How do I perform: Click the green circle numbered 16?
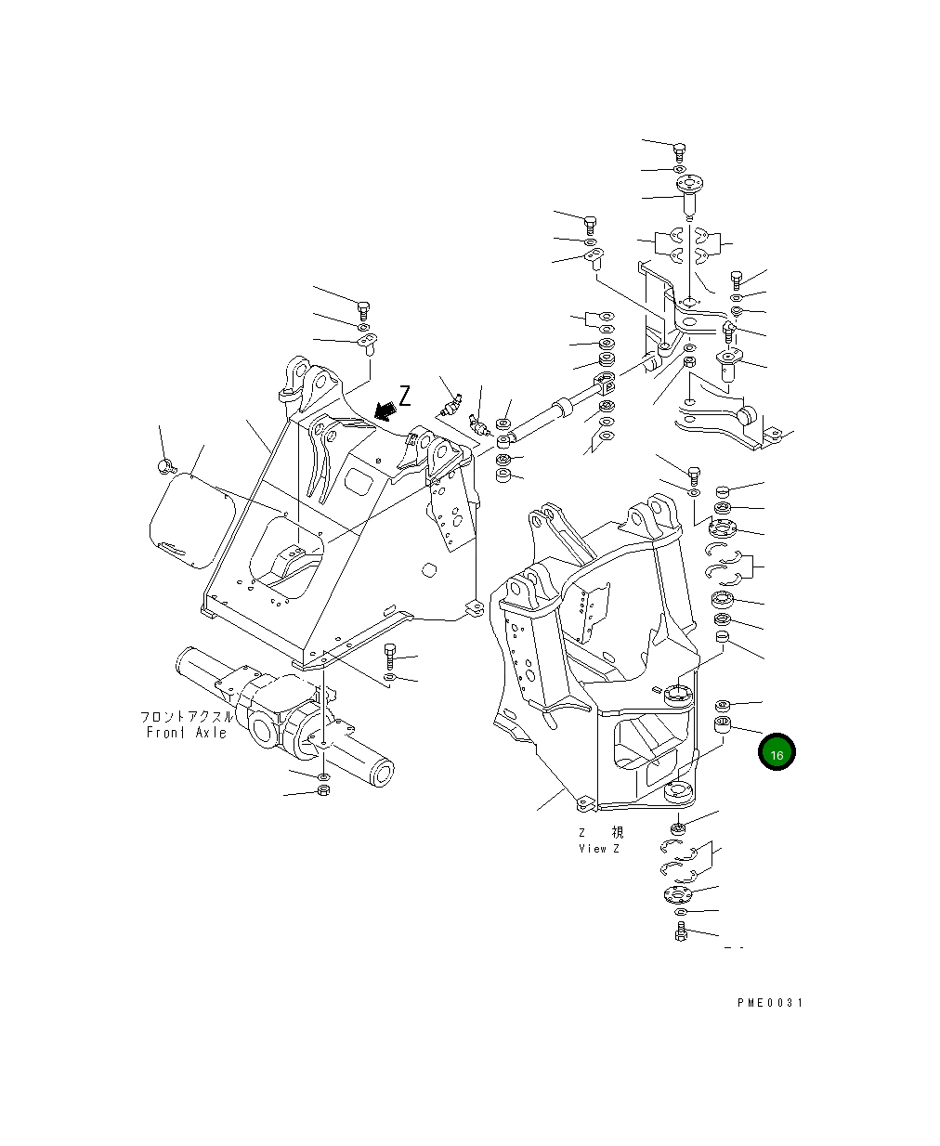pos(777,753)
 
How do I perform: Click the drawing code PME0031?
pos(770,1003)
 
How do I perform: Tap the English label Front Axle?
pos(187,733)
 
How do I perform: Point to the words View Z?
pos(598,849)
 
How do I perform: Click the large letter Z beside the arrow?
pos(405,396)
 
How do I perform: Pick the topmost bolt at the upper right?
pos(679,150)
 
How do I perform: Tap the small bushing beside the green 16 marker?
pos(722,724)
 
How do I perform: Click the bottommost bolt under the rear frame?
pos(680,931)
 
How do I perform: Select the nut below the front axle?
pos(323,790)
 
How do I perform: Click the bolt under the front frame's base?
pos(390,657)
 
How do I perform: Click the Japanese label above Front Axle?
pos(187,718)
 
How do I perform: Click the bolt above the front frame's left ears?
pos(363,309)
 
